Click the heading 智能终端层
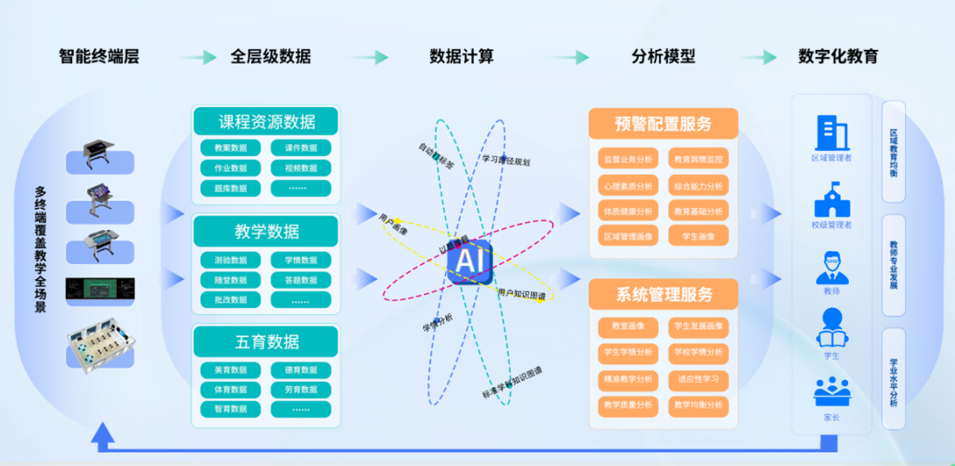pos(98,57)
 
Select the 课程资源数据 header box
pos(266,121)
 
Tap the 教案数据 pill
pos(225,148)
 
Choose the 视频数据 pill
pos(301,168)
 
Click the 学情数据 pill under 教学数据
pos(301,260)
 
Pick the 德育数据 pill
pos(301,370)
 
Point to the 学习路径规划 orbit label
pos(505,160)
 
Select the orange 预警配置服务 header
pos(663,124)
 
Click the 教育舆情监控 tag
pos(699,159)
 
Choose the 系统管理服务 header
pos(663,295)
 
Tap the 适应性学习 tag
pos(699,379)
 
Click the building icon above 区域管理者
pos(831,132)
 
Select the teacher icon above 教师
pos(831,267)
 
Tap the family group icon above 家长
pos(831,392)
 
